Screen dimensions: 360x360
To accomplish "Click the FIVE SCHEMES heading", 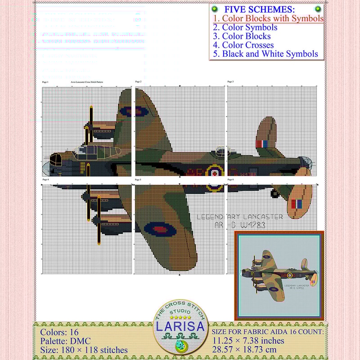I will click(260, 9).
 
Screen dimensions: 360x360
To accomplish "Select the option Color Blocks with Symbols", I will click(268, 18).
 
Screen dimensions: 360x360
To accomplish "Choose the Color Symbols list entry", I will click(245, 27).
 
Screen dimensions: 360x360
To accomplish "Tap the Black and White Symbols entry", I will click(265, 54).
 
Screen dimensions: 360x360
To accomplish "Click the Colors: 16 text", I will click(59, 333).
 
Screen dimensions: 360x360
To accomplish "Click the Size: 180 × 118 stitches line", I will click(84, 350).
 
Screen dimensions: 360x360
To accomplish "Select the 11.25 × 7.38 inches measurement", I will click(248, 341).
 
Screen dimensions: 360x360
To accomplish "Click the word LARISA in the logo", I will click(181, 326).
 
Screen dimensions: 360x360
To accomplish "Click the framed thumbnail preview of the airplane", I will click(279, 275).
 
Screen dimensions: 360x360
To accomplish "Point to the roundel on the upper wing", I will click(135, 111).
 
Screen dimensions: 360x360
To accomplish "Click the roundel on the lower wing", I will click(161, 229).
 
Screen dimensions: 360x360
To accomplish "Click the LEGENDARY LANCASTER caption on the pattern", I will click(240, 217).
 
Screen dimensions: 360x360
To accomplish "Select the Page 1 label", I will click(45, 82).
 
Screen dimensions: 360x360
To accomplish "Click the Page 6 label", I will click(230, 180).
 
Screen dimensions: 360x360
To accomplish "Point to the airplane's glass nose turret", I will click(47, 168).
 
